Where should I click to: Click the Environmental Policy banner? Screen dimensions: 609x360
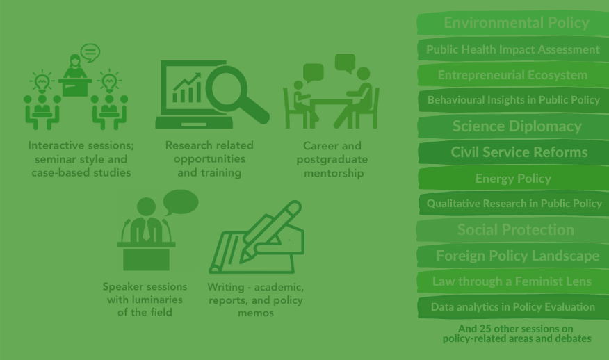512,23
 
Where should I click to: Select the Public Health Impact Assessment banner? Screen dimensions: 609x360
512,49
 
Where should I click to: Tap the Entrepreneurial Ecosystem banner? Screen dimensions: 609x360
512,74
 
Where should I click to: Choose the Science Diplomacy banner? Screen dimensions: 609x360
512,126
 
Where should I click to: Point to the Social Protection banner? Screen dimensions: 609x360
512,229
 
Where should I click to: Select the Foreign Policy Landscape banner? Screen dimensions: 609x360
512,256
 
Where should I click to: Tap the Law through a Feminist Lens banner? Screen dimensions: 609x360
512,281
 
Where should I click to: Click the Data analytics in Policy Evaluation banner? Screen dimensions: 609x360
512,306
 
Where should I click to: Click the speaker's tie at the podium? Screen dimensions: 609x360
146,230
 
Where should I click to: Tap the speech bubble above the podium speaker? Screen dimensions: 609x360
181,202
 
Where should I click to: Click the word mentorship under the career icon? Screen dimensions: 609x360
334,173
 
